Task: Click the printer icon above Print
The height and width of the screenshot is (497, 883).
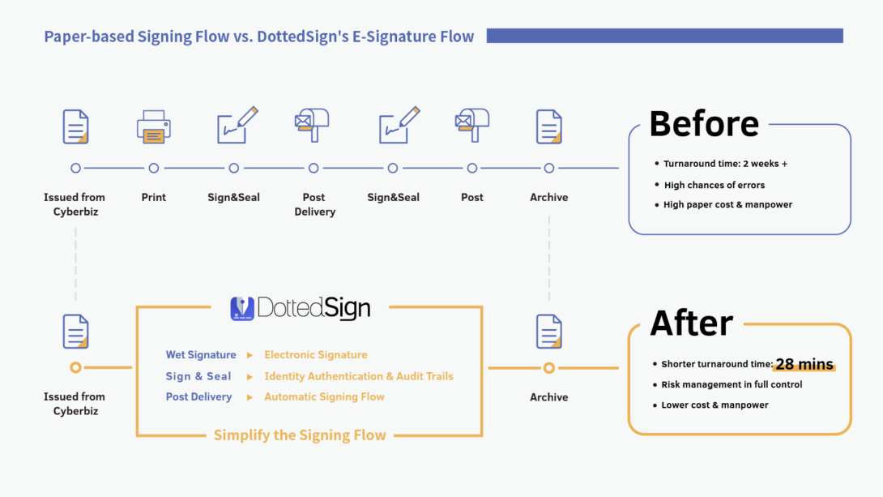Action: coord(154,128)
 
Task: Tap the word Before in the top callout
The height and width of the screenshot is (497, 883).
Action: coord(704,124)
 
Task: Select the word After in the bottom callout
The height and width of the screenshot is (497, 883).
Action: coord(691,323)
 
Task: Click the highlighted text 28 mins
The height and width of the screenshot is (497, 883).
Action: coord(804,365)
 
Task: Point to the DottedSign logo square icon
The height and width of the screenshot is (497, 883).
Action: coord(242,309)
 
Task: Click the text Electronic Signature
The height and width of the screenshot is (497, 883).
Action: coord(316,355)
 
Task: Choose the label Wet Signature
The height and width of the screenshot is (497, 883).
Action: coord(201,355)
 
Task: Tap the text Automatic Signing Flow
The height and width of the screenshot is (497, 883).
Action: coord(324,397)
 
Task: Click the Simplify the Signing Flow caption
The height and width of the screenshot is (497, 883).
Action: coord(300,435)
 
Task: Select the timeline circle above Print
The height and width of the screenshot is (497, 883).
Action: coord(154,169)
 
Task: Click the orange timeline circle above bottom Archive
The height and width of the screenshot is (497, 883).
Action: coord(549,368)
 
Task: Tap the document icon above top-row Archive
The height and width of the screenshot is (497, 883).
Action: coord(549,127)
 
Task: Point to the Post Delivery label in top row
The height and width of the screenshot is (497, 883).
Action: coord(314,204)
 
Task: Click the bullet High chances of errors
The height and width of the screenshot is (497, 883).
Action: coord(714,185)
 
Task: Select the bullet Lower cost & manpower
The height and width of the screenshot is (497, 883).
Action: coord(715,405)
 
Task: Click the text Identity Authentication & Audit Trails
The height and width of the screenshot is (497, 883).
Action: coord(359,376)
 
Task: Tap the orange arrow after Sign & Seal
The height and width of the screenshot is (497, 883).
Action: coord(250,377)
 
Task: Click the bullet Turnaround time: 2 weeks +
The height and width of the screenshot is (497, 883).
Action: coord(725,164)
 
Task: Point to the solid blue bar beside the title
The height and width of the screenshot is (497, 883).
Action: coord(664,36)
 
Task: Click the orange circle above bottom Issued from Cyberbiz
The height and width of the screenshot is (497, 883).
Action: coord(75,367)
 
